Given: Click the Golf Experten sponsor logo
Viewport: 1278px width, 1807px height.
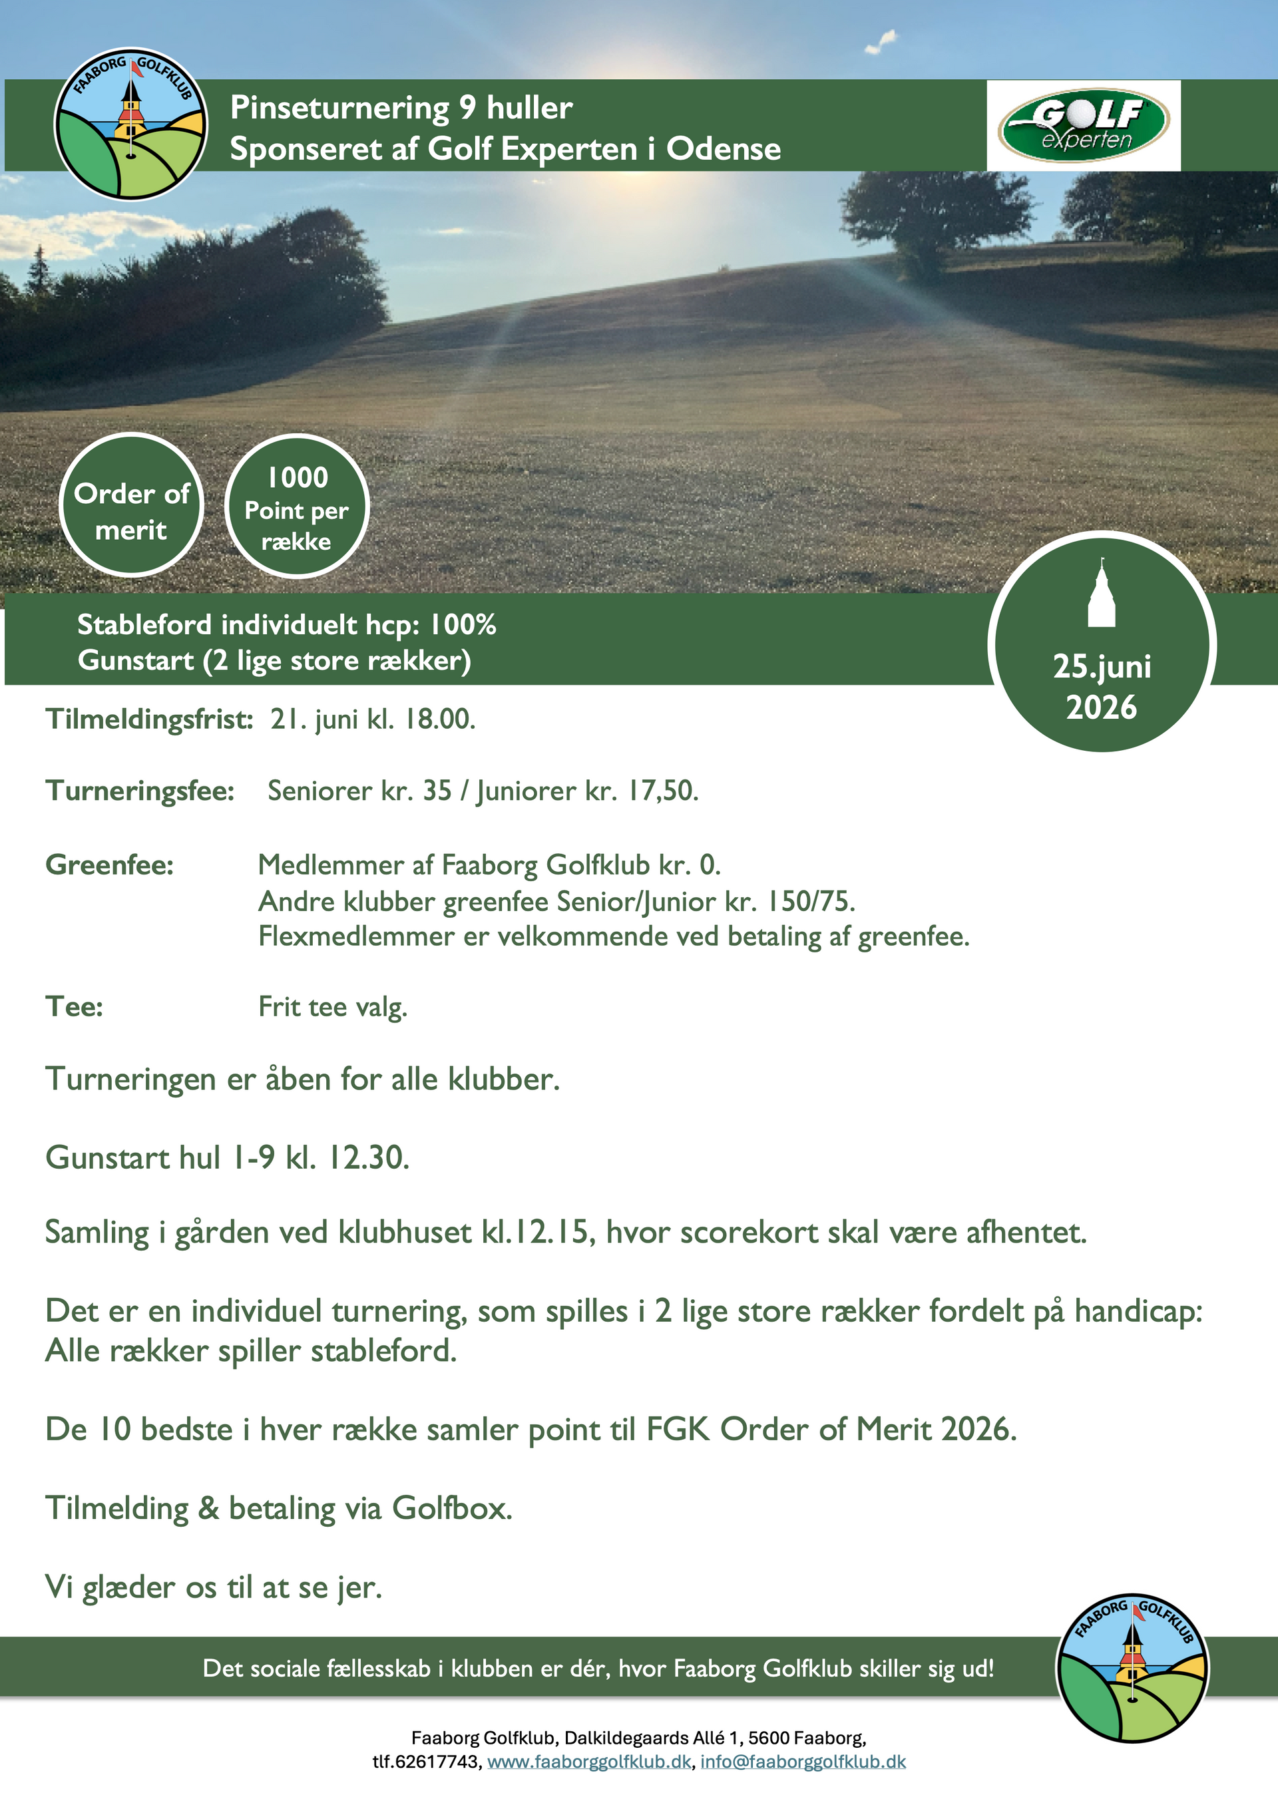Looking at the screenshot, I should pyautogui.click(x=1084, y=124).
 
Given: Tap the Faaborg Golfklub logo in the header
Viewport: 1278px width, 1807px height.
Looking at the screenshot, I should pyautogui.click(x=131, y=124).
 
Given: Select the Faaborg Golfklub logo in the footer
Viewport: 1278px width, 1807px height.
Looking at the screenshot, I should pyautogui.click(x=1132, y=1669).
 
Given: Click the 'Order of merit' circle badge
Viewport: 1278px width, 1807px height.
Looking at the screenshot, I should pyautogui.click(x=131, y=505).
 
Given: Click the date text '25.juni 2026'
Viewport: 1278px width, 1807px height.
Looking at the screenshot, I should pyautogui.click(x=1102, y=686).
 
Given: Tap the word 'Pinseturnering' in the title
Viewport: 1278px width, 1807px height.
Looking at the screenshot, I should pyautogui.click(x=339, y=108).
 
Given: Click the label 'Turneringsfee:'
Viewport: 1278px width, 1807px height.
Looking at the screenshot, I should pyautogui.click(x=140, y=791).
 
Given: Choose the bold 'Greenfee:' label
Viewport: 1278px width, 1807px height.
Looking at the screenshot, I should pyautogui.click(x=109, y=865).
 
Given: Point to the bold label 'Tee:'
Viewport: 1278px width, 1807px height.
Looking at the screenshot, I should pyautogui.click(x=74, y=1006).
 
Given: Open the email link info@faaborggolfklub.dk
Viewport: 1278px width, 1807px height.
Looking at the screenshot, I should pyautogui.click(x=803, y=1761).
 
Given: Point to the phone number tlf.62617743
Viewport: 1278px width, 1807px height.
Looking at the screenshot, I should pyautogui.click(x=426, y=1761).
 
